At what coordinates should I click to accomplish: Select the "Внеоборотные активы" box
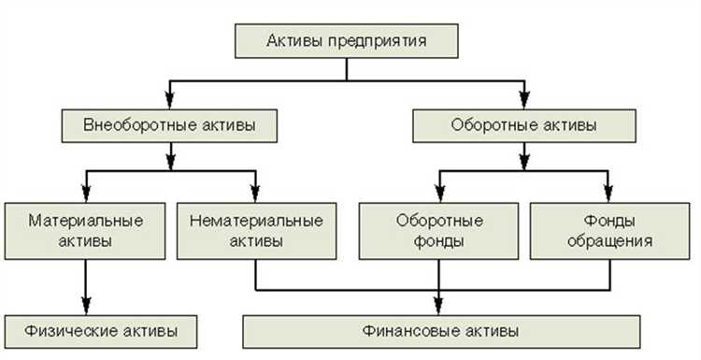pyautogui.click(x=169, y=123)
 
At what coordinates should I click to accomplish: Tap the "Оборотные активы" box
pyautogui.click(x=523, y=123)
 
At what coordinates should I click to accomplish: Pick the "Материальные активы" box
pyautogui.click(x=85, y=230)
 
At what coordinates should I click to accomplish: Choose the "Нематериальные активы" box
pyautogui.click(x=255, y=230)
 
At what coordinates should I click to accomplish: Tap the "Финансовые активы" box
pyautogui.click(x=440, y=330)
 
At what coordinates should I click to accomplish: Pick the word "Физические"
pyautogui.click(x=64, y=330)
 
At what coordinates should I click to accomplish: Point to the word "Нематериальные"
pyautogui.click(x=255, y=222)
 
